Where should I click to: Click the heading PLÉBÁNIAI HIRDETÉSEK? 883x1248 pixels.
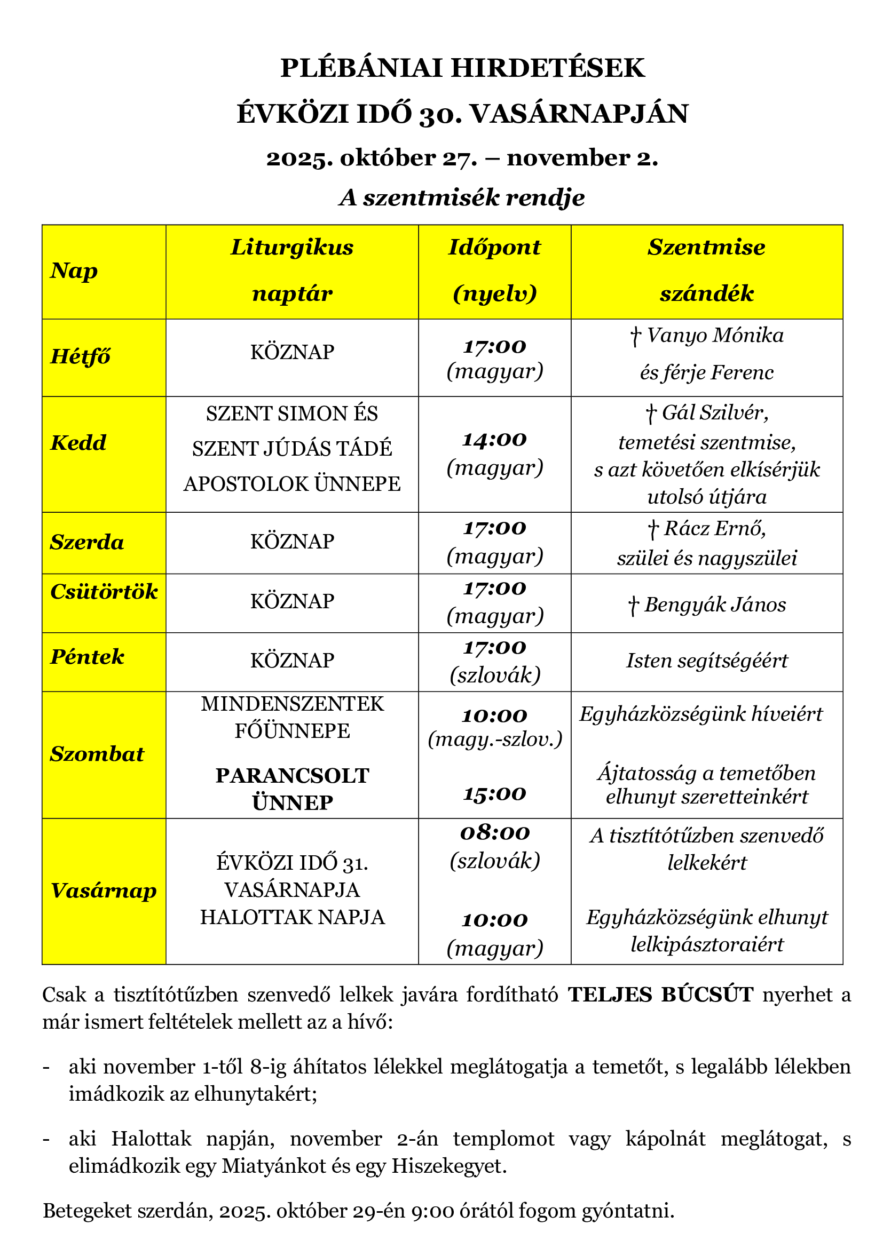click(462, 68)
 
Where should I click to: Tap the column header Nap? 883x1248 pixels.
click(74, 271)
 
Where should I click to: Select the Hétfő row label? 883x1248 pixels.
click(81, 356)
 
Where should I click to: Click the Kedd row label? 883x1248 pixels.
click(78, 443)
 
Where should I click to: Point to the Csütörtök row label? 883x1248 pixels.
click(104, 591)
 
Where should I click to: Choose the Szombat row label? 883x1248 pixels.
click(97, 754)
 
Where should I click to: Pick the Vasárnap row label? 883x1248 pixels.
click(104, 891)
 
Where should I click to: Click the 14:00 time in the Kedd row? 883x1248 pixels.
click(494, 439)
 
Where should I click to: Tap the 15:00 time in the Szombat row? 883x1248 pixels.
click(494, 794)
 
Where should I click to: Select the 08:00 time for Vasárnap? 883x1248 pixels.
click(494, 833)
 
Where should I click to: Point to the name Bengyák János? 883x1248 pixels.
click(715, 605)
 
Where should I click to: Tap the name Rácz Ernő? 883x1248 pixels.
click(714, 528)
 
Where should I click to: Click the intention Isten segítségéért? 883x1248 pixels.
click(707, 661)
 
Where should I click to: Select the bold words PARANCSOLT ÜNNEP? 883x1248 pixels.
click(293, 789)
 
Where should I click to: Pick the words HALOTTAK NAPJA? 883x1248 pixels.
click(293, 918)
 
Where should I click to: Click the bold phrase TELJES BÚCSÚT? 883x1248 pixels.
click(660, 995)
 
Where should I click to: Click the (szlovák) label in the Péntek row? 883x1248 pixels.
click(495, 675)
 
